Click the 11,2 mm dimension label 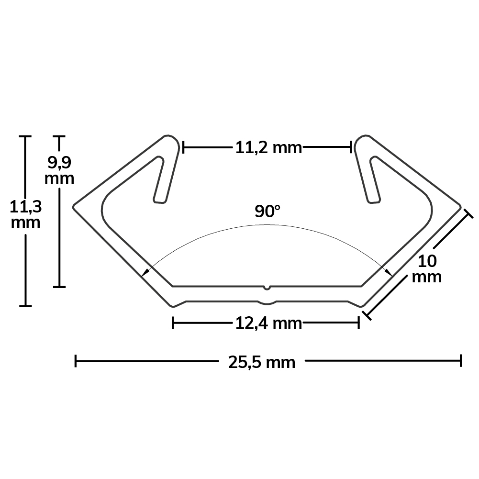click(268, 148)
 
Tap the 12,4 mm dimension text click(268, 323)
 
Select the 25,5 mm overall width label click(262, 363)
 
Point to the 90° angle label click(267, 212)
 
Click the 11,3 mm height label click(26, 214)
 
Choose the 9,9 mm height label click(59, 170)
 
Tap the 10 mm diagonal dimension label click(427, 269)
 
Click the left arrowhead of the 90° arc click(146, 272)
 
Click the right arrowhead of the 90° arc click(389, 272)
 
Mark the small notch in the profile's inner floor click(267, 288)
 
